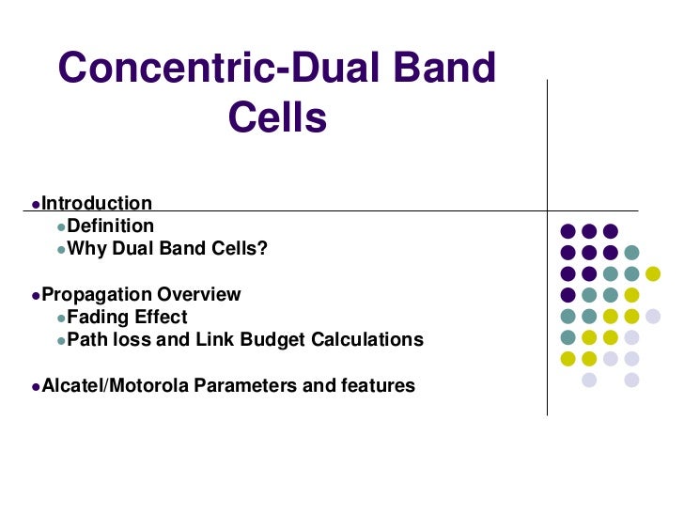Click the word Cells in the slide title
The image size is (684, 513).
(277, 118)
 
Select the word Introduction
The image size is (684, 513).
(97, 204)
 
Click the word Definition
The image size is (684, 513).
(111, 226)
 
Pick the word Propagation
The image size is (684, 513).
(97, 294)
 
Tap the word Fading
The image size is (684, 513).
(100, 317)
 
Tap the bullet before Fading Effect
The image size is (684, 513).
(61, 319)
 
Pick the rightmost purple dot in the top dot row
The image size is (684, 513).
(610, 231)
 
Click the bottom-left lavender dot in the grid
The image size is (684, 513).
(589, 380)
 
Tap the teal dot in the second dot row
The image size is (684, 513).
(631, 252)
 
